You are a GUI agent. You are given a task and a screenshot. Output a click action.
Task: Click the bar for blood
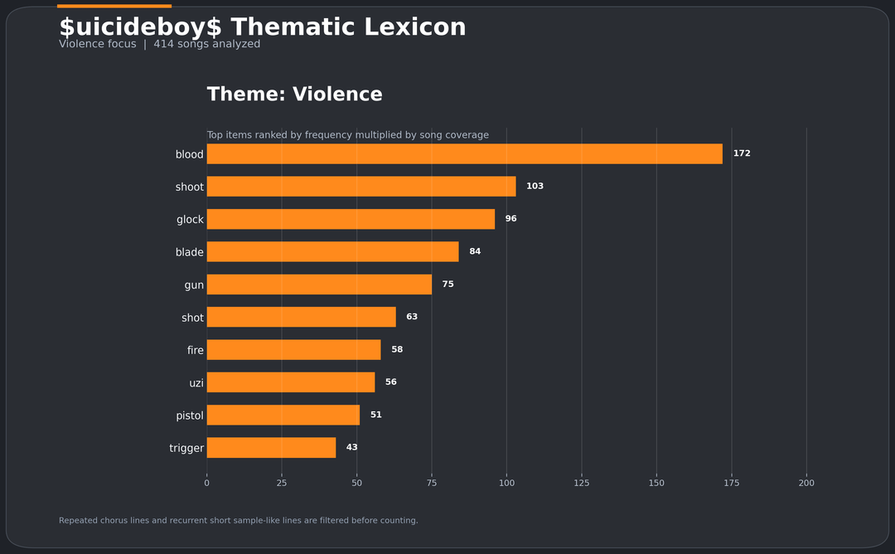(x=464, y=153)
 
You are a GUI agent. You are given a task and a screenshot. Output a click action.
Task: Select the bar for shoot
(x=361, y=187)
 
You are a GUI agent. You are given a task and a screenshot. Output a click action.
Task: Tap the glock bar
(x=351, y=219)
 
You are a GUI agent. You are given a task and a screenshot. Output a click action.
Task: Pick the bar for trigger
(x=271, y=448)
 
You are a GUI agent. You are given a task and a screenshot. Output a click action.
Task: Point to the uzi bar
(x=291, y=382)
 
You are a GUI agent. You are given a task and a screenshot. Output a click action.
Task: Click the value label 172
(x=742, y=153)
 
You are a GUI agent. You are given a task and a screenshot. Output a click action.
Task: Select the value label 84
(x=475, y=251)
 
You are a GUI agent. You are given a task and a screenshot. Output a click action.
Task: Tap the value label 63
(x=412, y=317)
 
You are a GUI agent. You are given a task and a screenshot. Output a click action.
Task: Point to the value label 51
(x=376, y=415)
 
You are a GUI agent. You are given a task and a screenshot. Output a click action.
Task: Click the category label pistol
(x=190, y=415)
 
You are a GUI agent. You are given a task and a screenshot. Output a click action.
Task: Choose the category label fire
(x=196, y=350)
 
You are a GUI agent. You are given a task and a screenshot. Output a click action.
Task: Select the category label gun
(x=194, y=285)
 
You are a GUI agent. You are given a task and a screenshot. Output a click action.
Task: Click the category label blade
(x=190, y=252)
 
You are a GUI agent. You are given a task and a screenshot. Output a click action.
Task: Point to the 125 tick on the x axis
(x=582, y=483)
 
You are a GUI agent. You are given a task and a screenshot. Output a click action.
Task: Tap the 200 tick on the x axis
(x=806, y=483)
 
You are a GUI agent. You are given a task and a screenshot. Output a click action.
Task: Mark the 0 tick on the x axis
(x=207, y=483)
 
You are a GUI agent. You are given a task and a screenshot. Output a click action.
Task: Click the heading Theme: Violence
(x=294, y=95)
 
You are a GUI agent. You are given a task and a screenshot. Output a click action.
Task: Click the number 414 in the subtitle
(x=163, y=44)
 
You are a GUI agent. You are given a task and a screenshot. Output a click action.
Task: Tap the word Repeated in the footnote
(x=78, y=521)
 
